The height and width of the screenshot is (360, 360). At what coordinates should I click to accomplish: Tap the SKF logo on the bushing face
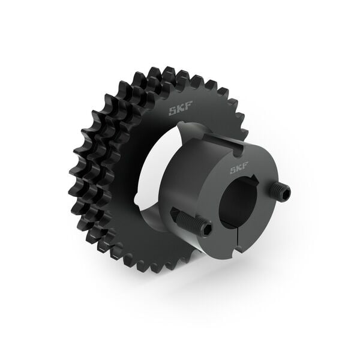coord(241,170)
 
